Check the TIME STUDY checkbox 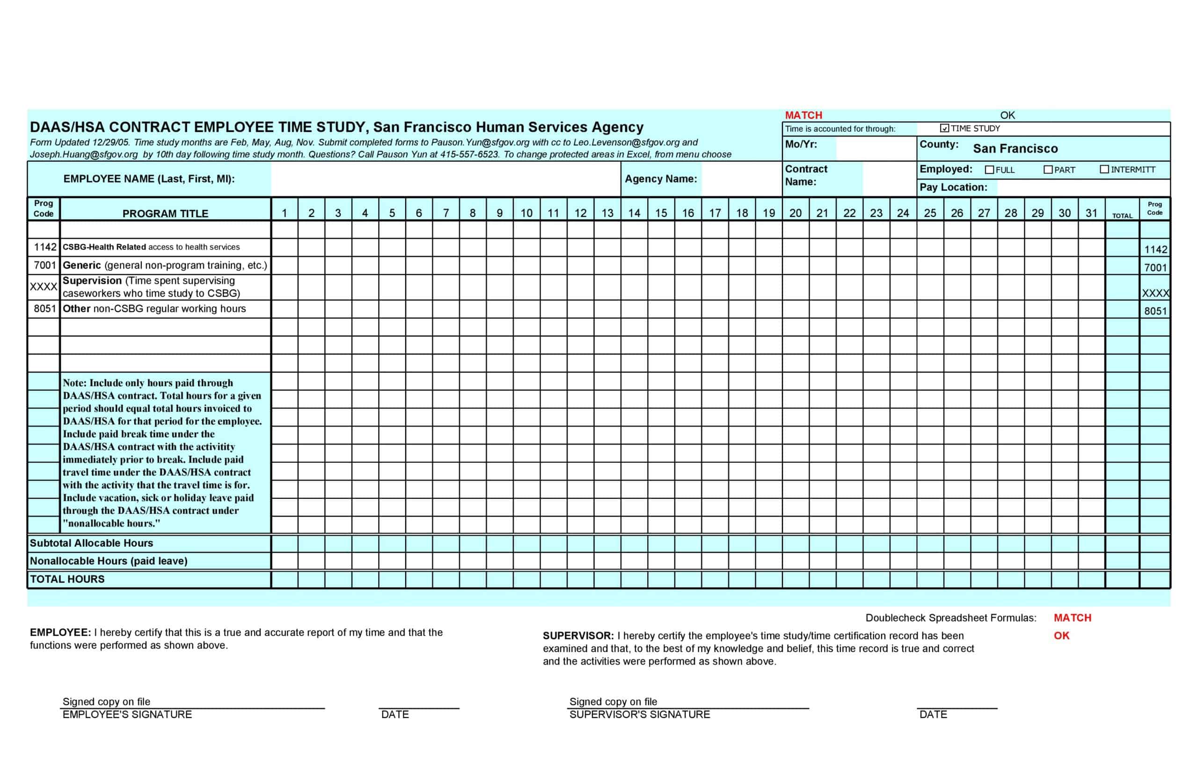pyautogui.click(x=944, y=128)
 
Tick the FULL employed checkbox pyautogui.click(x=989, y=170)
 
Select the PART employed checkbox pyautogui.click(x=1048, y=170)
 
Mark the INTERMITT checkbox pyautogui.click(x=1104, y=169)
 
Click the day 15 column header pyautogui.click(x=661, y=213)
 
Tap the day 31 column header pyautogui.click(x=1091, y=213)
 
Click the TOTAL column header pyautogui.click(x=1122, y=215)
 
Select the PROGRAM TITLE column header pyautogui.click(x=165, y=213)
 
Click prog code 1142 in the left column pyautogui.click(x=45, y=247)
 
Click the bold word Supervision pyautogui.click(x=92, y=280)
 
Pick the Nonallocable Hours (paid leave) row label pyautogui.click(x=108, y=561)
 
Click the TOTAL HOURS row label pyautogui.click(x=67, y=579)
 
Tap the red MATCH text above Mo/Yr pyautogui.click(x=804, y=115)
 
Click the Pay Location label pyautogui.click(x=953, y=187)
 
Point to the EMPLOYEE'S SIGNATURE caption pyautogui.click(x=127, y=715)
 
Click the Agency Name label pyautogui.click(x=660, y=179)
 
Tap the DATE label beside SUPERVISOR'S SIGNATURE pyautogui.click(x=933, y=715)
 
